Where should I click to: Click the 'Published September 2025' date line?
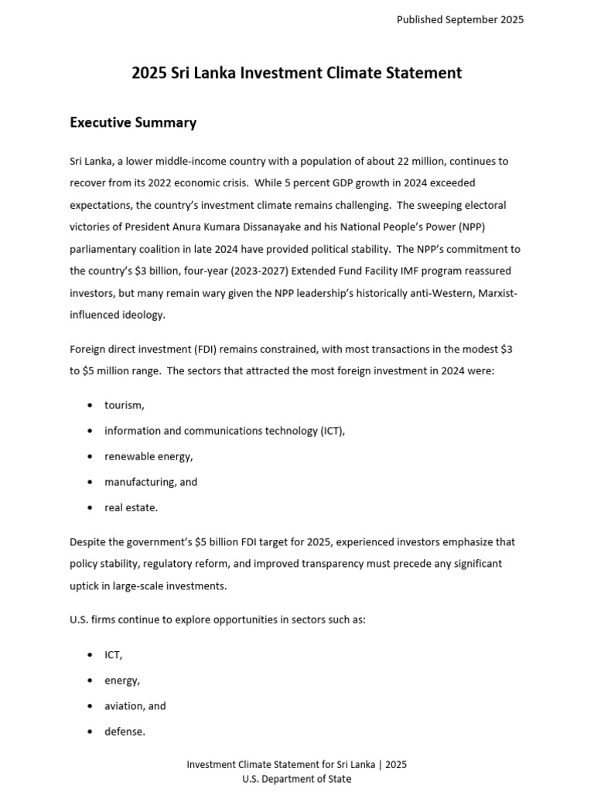pos(459,20)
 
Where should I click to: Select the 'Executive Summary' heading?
pos(133,122)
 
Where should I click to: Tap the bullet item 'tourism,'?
pos(125,405)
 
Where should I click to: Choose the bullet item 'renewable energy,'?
pos(148,456)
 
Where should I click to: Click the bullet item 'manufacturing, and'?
pos(151,482)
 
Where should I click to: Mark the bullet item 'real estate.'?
pos(131,507)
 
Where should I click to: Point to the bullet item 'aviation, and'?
pos(135,705)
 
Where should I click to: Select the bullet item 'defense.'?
pos(125,731)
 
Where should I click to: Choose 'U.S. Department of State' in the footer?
pos(296,779)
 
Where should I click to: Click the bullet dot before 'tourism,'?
pos(90,405)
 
